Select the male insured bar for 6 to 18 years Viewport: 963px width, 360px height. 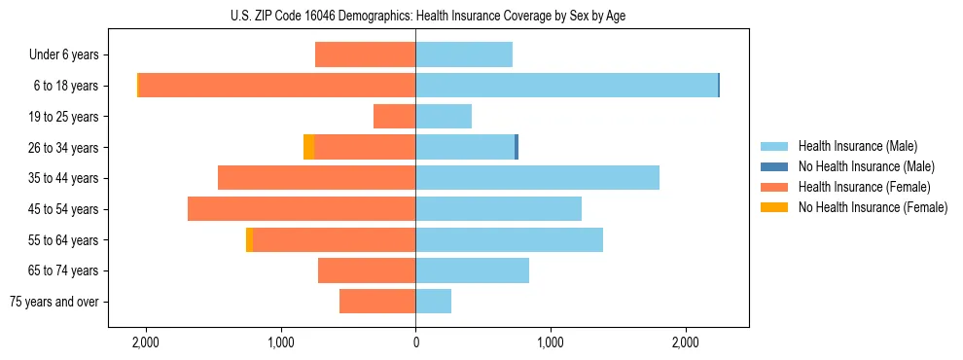tap(566, 86)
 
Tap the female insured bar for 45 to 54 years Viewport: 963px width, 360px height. tap(302, 209)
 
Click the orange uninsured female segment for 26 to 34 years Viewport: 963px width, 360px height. tap(308, 147)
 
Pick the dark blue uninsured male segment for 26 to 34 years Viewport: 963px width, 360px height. tap(517, 147)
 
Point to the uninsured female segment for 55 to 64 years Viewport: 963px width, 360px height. tap(249, 240)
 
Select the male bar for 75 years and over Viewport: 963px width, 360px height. tap(434, 302)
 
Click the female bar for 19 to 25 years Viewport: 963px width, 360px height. tap(395, 117)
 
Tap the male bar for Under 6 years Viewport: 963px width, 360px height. tap(464, 54)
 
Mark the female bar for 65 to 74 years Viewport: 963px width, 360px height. tap(367, 270)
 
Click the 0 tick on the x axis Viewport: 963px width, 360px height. tap(415, 342)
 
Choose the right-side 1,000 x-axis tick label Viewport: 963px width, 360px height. tap(551, 342)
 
